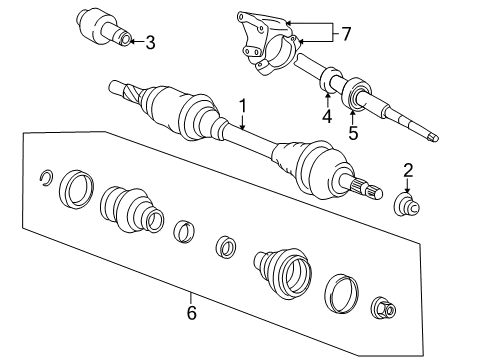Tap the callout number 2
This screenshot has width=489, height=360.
click(408, 169)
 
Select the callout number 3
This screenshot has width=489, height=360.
click(150, 42)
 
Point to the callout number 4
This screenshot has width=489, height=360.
click(326, 116)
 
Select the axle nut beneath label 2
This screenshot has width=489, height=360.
click(408, 205)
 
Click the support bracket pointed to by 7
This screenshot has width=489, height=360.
click(265, 43)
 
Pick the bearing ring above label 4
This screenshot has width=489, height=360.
click(329, 84)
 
